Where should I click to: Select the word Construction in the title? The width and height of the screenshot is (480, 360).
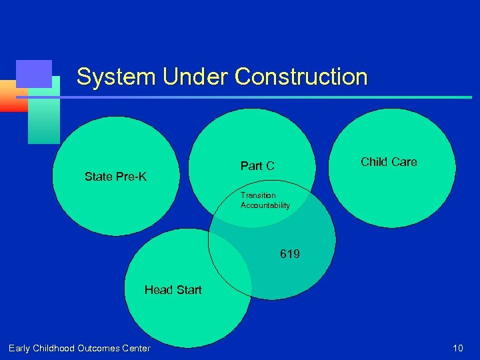tap(301, 77)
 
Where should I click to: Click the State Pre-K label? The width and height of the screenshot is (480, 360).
tap(115, 177)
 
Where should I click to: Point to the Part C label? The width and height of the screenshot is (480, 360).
tap(257, 166)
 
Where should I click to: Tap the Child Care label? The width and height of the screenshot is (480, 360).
tap(389, 161)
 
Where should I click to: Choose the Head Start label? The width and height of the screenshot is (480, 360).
tap(173, 289)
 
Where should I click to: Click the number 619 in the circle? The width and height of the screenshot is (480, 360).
tap(290, 254)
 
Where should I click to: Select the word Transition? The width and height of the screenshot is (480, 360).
tap(258, 195)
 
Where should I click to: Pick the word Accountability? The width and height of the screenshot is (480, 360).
tap(265, 205)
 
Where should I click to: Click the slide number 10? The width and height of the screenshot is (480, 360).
tap(457, 348)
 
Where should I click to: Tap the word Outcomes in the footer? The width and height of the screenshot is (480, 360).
tap(99, 348)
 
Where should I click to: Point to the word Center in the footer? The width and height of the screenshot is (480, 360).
tap(137, 348)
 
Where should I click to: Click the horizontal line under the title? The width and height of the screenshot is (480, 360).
tap(267, 97)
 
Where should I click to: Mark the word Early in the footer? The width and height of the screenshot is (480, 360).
tap(19, 348)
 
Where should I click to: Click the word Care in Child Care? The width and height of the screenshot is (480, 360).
tap(405, 161)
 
